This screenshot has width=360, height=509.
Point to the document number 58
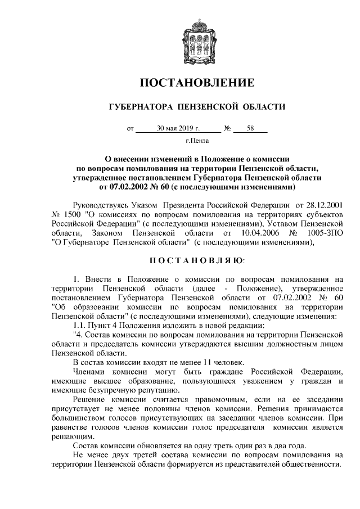(x=250, y=129)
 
